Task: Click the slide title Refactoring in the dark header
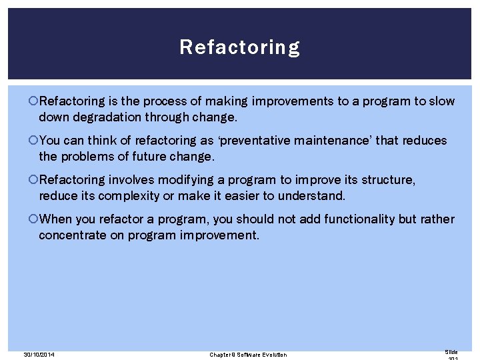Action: tap(239, 47)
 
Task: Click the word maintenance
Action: tap(343, 141)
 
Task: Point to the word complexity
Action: tap(128, 196)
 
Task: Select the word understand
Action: tap(312, 196)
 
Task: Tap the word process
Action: tap(172, 101)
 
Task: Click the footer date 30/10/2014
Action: tap(39, 354)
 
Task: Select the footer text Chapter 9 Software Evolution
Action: tap(248, 354)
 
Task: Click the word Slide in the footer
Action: tap(451, 351)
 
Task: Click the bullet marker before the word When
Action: tap(34, 219)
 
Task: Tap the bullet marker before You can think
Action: tap(34, 141)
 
